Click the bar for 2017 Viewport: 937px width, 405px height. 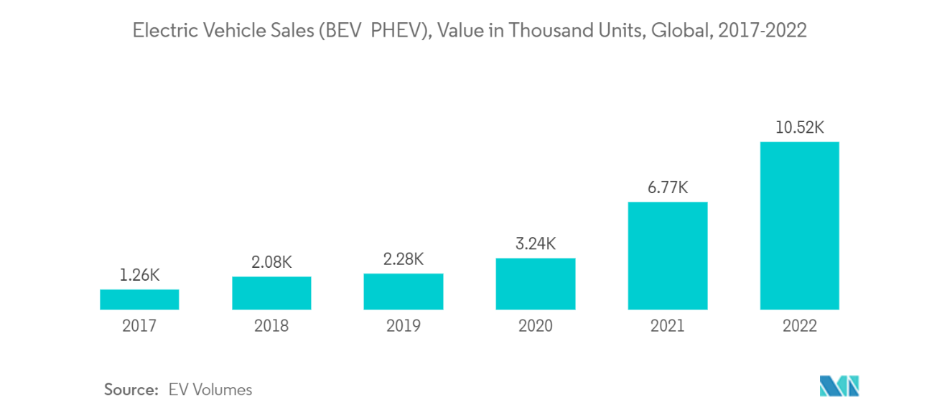139,299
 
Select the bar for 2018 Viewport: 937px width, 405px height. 271,293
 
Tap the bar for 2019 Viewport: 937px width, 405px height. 404,292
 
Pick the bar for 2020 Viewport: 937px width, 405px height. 536,284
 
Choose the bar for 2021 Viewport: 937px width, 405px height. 668,256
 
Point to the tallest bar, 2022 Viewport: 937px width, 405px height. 800,225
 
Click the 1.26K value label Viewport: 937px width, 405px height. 139,275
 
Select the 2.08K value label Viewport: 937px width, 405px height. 271,262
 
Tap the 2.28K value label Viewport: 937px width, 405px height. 404,259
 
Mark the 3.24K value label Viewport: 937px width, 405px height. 536,243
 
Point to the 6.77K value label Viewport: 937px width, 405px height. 668,187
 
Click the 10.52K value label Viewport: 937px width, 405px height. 800,128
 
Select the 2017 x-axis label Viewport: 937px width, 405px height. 139,326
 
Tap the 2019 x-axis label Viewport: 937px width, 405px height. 404,326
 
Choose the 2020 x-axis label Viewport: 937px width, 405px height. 536,326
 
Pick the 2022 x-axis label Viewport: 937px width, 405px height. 800,326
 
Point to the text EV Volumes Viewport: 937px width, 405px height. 210,390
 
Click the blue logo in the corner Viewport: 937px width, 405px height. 839,386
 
